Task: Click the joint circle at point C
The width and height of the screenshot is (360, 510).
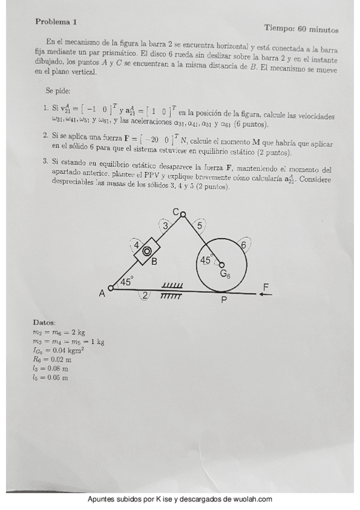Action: [x=183, y=212]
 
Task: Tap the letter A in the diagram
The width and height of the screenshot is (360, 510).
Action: [x=102, y=293]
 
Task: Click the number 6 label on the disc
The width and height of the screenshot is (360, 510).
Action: [x=243, y=245]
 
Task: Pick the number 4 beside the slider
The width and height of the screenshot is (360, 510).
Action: [x=136, y=246]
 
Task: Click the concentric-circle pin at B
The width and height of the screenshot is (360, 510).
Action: [x=146, y=251]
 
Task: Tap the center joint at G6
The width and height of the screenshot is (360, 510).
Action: [x=221, y=265]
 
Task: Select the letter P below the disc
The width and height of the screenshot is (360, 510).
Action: [x=224, y=301]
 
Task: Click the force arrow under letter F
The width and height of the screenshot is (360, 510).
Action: [x=265, y=294]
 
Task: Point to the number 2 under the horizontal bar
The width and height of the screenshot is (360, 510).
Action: [x=145, y=296]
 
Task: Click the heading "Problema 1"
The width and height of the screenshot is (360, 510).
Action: [x=56, y=22]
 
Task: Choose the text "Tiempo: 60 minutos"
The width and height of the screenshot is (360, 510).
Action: [x=301, y=28]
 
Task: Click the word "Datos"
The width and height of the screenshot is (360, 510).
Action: [x=44, y=323]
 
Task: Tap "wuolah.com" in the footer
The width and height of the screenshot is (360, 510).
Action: [x=252, y=499]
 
